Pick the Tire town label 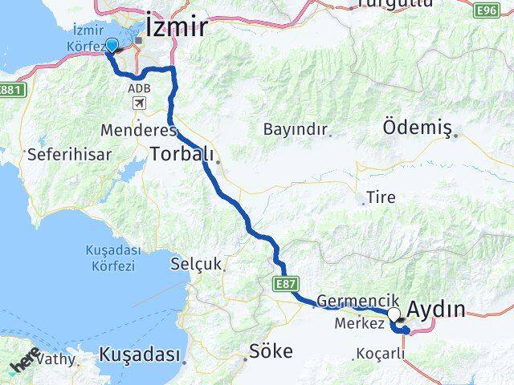pos(381,197)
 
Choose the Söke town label pos(271,351)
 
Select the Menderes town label pos(128,129)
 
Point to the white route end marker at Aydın pos(394,314)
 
